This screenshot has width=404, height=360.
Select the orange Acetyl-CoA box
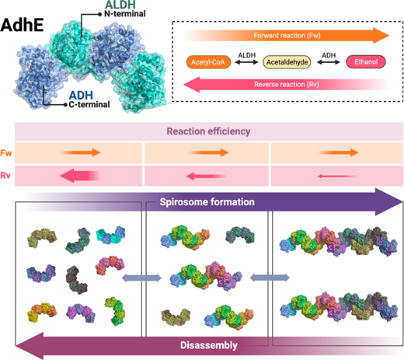point(210,60)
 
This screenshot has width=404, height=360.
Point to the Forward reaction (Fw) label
point(281,35)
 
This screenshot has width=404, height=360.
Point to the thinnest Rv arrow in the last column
point(334,177)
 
